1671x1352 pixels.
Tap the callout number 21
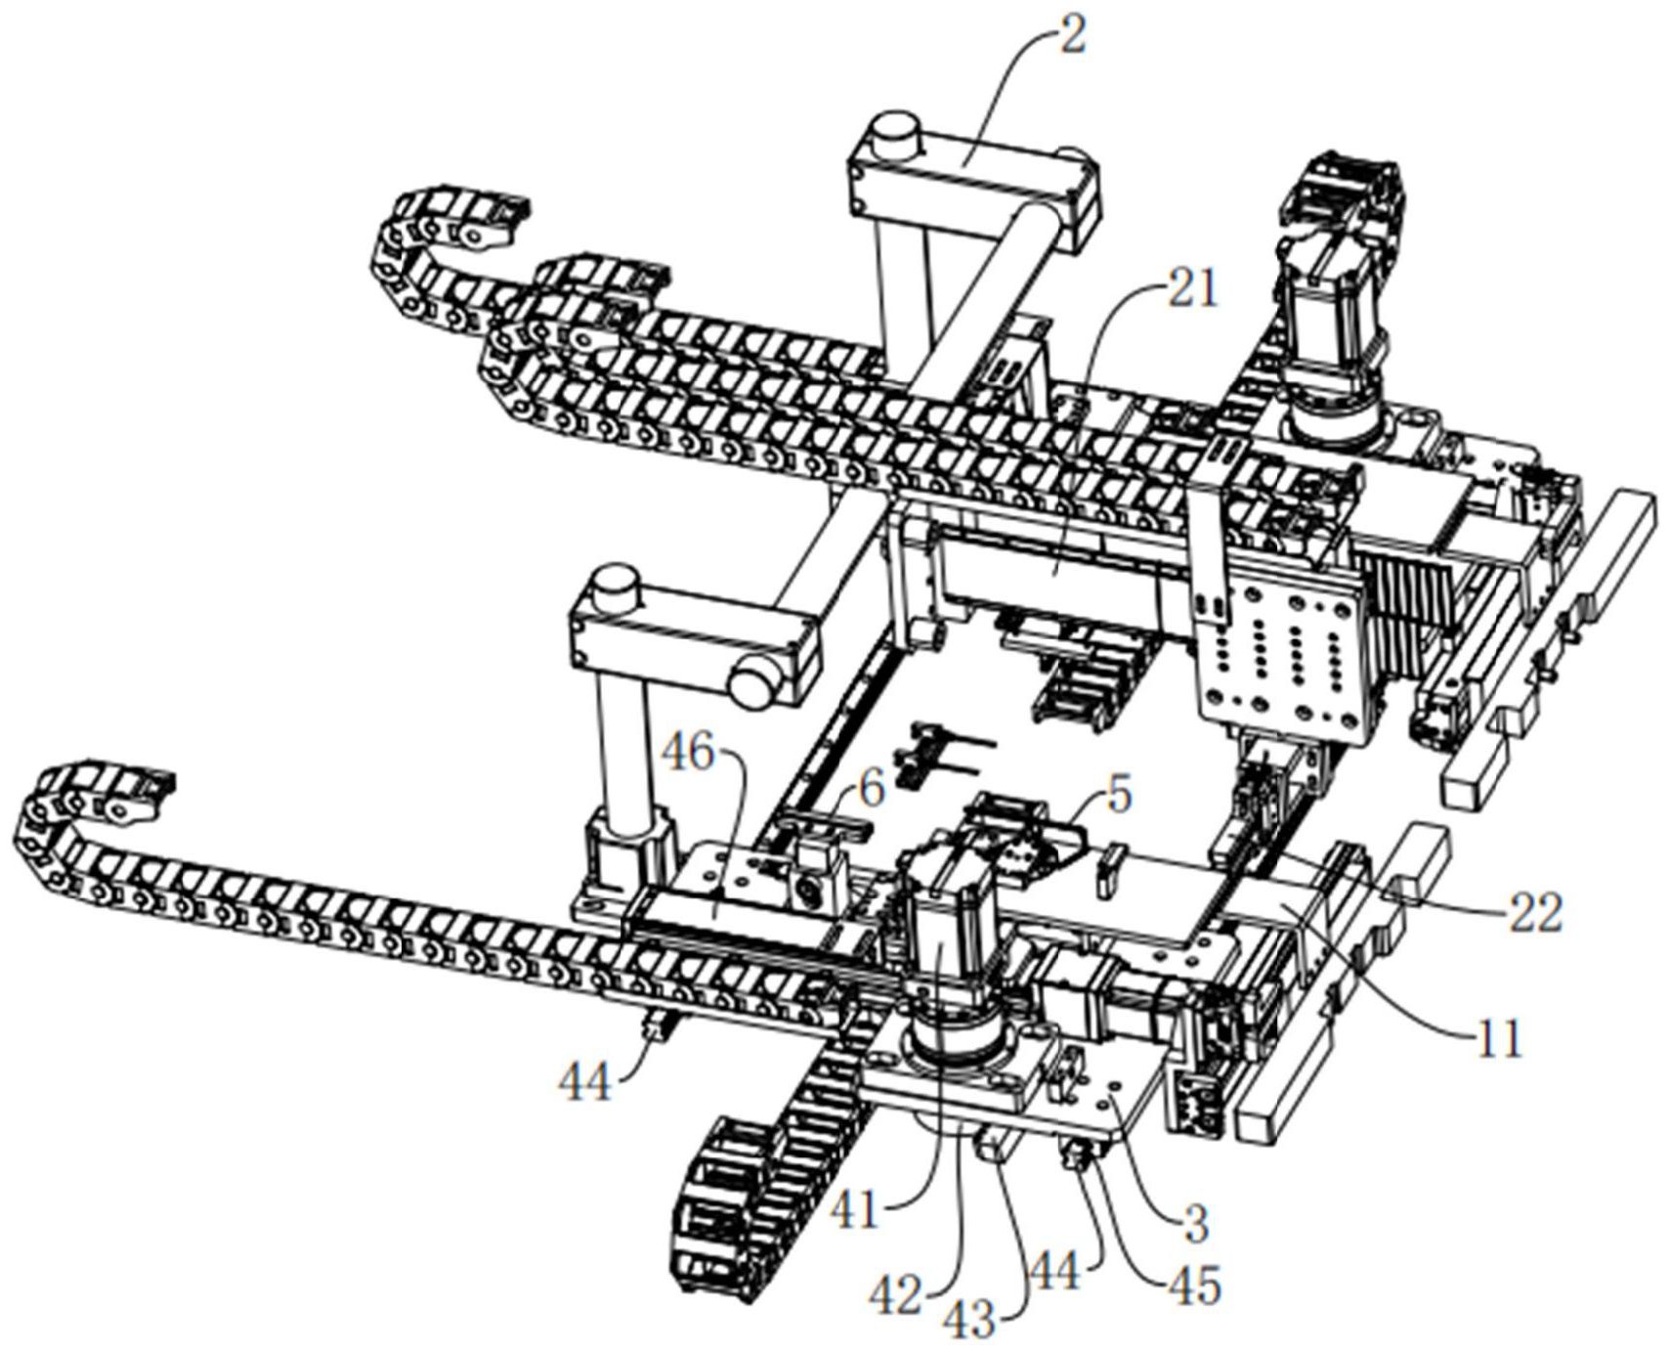pos(1192,290)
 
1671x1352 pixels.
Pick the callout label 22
pos(1536,911)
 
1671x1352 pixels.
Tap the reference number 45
pos(1194,1287)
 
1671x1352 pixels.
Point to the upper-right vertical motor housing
pos(1331,293)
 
